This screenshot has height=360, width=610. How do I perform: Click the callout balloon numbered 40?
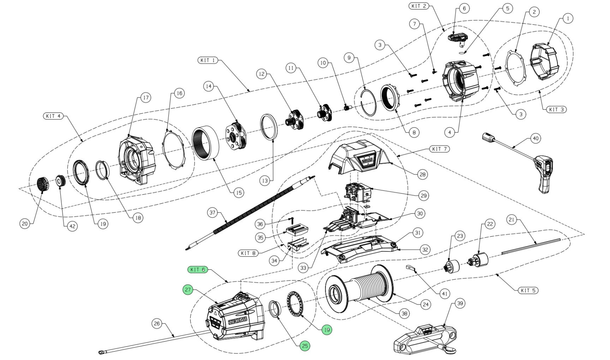pos(535,138)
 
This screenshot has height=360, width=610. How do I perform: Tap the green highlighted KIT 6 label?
pos(197,270)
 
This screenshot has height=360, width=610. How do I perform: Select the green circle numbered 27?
pos(188,290)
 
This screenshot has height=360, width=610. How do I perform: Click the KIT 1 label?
pos(208,60)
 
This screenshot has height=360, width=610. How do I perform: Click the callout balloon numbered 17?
pos(145,98)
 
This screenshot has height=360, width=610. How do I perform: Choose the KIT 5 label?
pos(528,290)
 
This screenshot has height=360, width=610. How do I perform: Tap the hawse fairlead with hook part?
pos(423,339)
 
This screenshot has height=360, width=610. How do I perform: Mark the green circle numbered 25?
pos(305,346)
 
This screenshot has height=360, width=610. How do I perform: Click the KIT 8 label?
pos(248,253)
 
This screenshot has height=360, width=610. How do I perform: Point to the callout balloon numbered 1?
pos(568,18)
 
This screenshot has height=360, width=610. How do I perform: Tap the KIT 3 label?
pos(556,109)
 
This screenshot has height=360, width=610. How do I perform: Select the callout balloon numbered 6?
pos(464,8)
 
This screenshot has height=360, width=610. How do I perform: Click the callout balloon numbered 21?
pos(512,219)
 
